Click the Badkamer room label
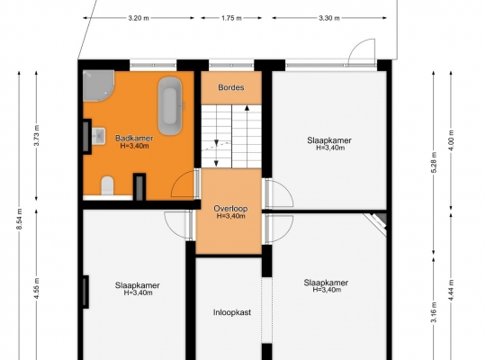pos(134,138)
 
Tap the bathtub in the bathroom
pos(170,105)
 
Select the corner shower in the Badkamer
pos(98,85)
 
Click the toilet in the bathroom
pos(108,185)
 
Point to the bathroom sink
pos(99,136)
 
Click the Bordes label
pos(231,87)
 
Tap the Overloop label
pos(230,209)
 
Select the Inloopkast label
pos(232,312)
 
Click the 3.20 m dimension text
pos(139,18)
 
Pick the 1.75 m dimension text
pos(231,18)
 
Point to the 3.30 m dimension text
pos(329,18)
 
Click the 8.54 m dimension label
pos(19,220)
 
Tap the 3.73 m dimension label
pos(37,135)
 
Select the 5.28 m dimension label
pos(434,163)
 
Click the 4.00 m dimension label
pos(451,140)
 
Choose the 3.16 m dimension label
pos(434,312)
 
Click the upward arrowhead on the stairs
pos(247,108)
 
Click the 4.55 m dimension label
pos(37,289)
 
